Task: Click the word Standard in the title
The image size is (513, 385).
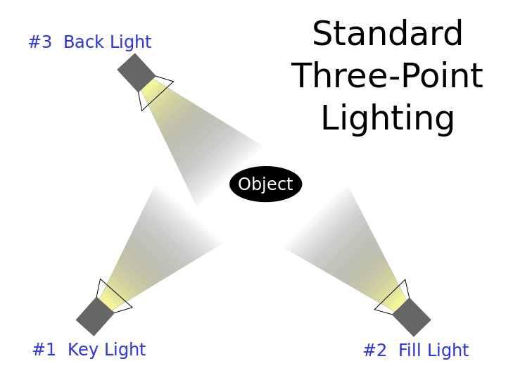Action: point(387,34)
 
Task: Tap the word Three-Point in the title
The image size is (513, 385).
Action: point(387,76)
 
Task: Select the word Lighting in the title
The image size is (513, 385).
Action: point(387,118)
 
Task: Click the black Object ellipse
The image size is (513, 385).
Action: point(265,184)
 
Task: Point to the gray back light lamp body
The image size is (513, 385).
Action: point(135,72)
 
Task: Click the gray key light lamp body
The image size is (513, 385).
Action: point(95,316)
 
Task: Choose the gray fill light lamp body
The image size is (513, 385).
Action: point(412,317)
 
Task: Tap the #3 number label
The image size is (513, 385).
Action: point(40,42)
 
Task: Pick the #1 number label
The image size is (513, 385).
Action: point(44,350)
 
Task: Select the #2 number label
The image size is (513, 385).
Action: point(374,351)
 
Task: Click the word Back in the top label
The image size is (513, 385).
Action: point(82,42)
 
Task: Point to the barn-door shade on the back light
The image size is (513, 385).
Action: point(156,90)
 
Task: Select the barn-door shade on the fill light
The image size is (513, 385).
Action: point(393,298)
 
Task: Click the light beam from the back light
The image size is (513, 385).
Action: point(190,141)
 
